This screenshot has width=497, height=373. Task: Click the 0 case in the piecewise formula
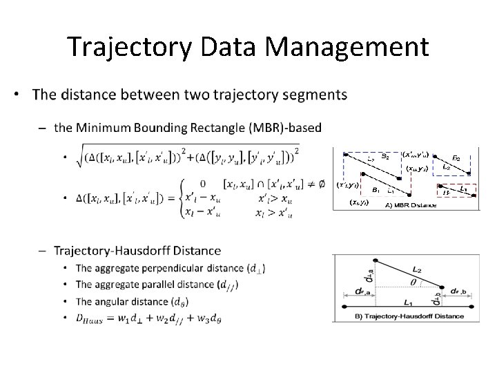pyautogui.click(x=203, y=184)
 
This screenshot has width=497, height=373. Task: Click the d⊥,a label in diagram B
pyautogui.click(x=350, y=280)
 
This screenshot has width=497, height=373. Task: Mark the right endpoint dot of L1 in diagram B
pyautogui.click(x=471, y=305)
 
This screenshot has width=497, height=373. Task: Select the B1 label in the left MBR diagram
pyautogui.click(x=376, y=189)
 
